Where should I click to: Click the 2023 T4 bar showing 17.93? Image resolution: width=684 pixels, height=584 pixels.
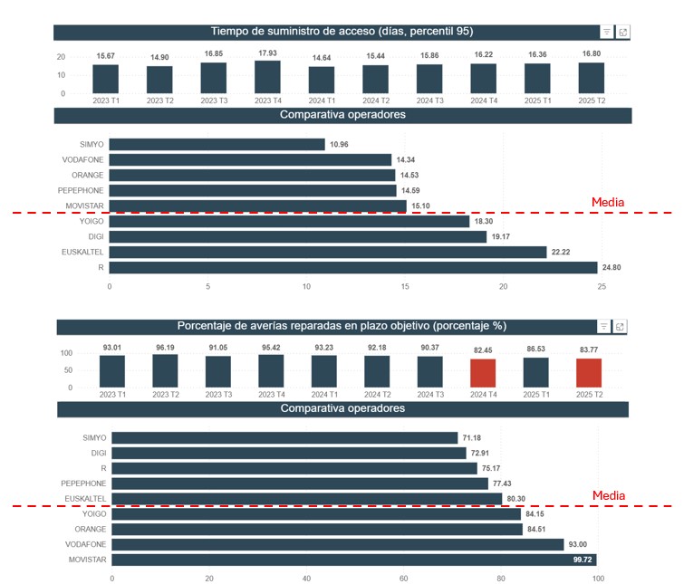tap(267, 77)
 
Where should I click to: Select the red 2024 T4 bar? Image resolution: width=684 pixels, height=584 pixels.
tap(483, 373)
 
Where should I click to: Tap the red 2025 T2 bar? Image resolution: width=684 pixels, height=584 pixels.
tap(589, 373)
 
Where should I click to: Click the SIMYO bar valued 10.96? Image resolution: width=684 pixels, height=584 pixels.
tap(217, 144)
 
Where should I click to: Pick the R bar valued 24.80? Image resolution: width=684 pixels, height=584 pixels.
tap(353, 268)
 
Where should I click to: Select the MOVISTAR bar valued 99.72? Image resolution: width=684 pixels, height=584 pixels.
tap(354, 560)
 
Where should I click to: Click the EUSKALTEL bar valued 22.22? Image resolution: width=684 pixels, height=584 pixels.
tap(328, 253)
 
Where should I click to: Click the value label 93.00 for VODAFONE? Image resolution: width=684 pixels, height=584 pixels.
tap(576, 545)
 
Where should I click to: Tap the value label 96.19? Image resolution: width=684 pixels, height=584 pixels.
tap(165, 346)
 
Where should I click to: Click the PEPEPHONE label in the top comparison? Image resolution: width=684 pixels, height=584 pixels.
tap(82, 190)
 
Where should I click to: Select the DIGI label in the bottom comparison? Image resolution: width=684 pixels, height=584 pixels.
tap(98, 453)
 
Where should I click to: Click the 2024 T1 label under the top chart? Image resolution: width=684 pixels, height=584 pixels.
tap(321, 101)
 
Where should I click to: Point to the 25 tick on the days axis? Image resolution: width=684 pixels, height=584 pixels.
tap(602, 286)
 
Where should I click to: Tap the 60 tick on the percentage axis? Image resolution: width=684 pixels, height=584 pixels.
tap(403, 578)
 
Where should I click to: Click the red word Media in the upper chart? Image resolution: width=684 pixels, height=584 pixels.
tap(608, 203)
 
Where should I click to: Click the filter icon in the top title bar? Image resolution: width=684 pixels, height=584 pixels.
tap(606, 33)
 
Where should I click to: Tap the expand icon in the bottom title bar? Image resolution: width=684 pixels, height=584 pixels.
tap(621, 327)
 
